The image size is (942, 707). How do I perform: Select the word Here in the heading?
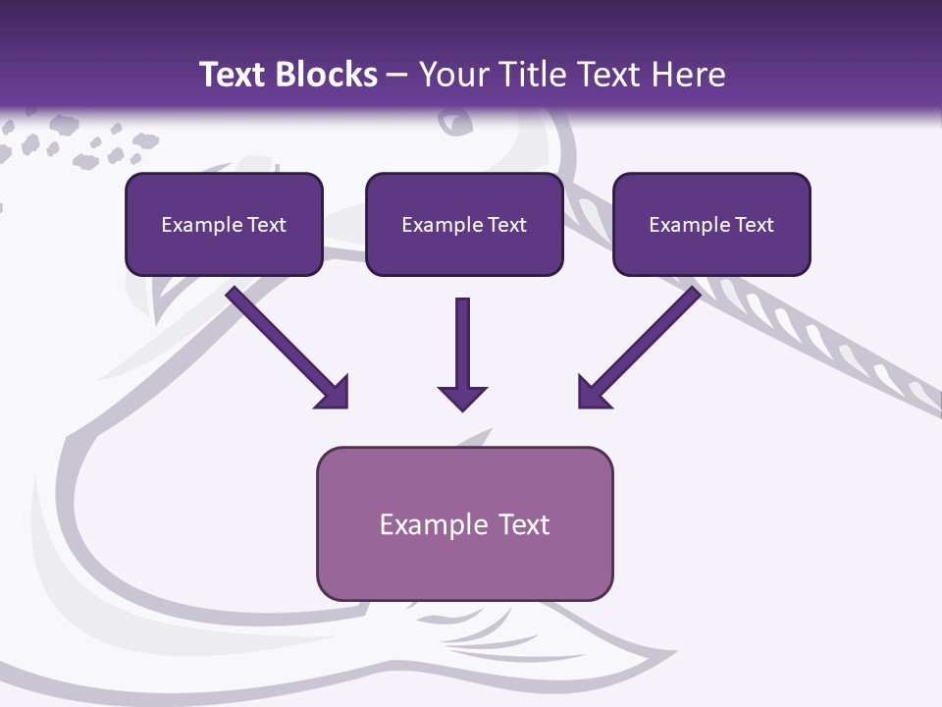(688, 75)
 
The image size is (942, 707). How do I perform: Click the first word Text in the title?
(235, 75)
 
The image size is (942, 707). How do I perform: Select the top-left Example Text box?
(224, 224)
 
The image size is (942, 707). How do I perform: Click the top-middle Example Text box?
(464, 224)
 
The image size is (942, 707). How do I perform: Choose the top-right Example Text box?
(711, 224)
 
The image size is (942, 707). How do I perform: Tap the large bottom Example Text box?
(464, 523)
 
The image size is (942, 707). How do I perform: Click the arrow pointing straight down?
(462, 353)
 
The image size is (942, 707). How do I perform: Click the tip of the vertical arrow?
(462, 408)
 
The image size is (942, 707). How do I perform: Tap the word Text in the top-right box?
(754, 225)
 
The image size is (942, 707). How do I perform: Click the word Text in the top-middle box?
(506, 225)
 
